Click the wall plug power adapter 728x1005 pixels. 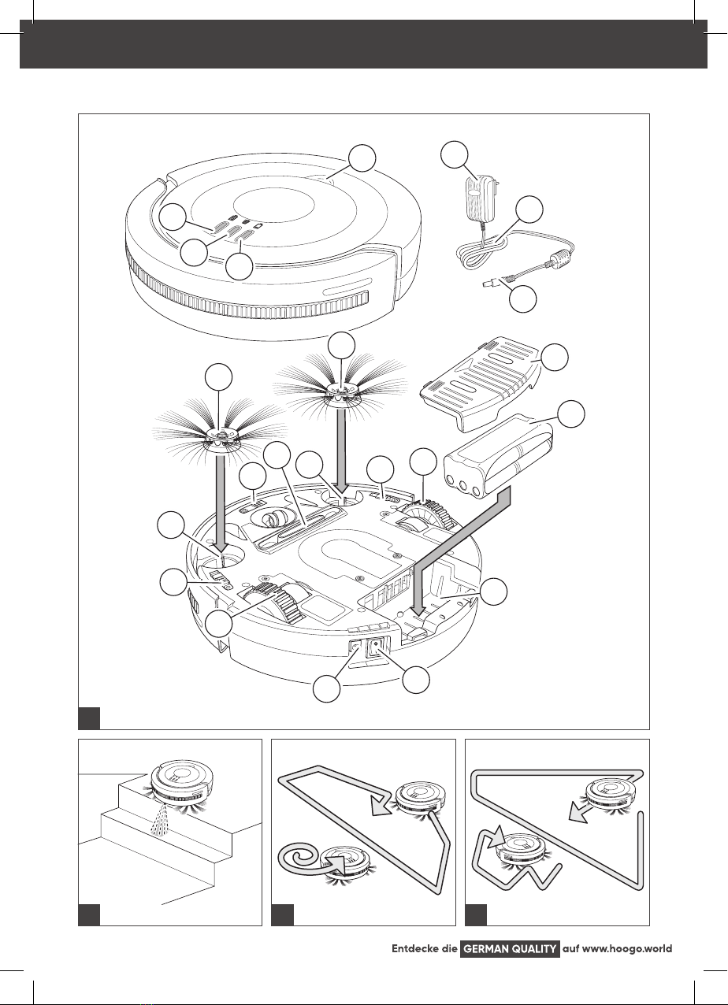[481, 197]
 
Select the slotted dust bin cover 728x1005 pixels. [481, 384]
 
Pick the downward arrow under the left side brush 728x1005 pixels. [220, 502]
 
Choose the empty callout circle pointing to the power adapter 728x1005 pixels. [455, 155]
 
